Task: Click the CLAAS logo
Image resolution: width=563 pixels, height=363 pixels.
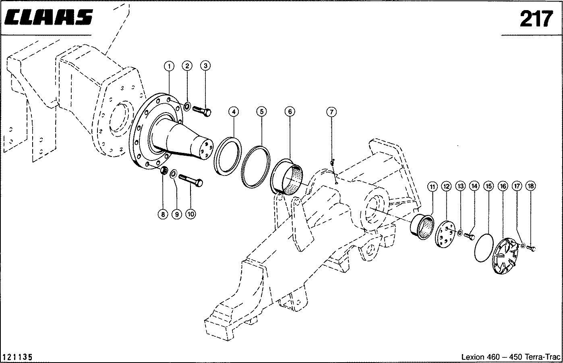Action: point(49,17)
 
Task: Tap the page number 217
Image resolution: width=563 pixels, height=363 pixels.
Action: point(536,19)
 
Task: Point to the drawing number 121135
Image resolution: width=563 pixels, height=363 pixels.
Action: point(17,357)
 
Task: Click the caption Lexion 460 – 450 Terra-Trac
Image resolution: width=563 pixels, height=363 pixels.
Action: point(511,357)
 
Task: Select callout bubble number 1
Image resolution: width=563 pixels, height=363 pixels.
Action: point(169,67)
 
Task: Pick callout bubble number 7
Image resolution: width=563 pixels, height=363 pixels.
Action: point(331,112)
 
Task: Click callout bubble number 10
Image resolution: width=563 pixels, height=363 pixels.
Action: point(190,214)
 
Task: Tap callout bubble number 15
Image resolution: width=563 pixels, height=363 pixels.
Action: point(489,186)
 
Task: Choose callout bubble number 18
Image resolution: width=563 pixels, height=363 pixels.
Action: point(531,186)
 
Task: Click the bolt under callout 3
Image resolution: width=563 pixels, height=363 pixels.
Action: point(202,111)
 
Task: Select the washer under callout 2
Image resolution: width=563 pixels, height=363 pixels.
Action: point(187,106)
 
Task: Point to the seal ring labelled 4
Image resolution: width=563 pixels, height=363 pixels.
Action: point(228,156)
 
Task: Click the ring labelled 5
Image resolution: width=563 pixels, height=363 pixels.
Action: point(256,167)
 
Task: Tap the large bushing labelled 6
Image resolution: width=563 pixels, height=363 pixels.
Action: point(287,177)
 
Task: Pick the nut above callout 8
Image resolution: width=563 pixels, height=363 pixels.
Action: point(164,171)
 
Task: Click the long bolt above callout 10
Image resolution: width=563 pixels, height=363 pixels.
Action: point(191,180)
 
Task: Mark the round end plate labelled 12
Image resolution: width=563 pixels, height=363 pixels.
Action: point(445,234)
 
